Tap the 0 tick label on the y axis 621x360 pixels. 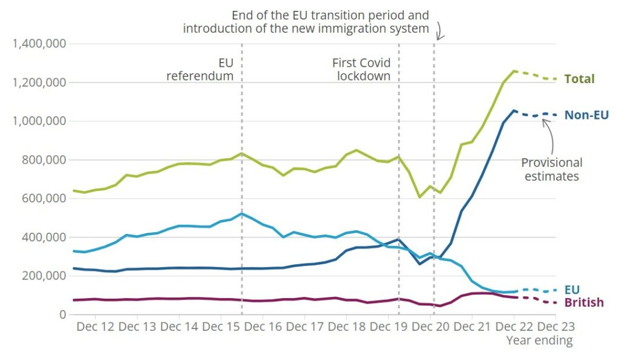click(62, 314)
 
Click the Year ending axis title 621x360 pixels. click(539, 341)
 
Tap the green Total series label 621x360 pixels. click(579, 79)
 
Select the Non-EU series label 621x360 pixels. click(586, 115)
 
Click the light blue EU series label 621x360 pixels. click(572, 290)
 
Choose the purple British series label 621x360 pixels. click(584, 302)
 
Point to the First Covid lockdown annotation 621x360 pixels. click(361, 70)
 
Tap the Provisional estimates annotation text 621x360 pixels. click(552, 170)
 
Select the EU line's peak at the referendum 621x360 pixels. click(242, 213)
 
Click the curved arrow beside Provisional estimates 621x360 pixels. click(550, 133)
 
